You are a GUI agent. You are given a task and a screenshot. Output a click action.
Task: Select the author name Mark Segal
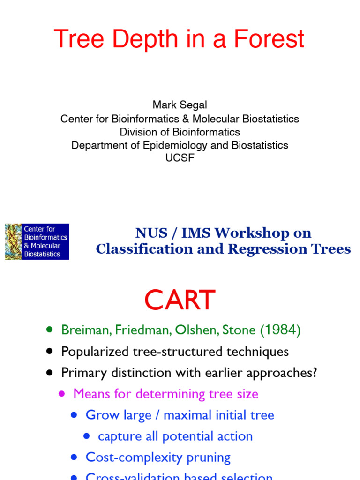click(x=180, y=105)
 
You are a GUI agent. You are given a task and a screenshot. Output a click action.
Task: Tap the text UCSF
click(x=180, y=158)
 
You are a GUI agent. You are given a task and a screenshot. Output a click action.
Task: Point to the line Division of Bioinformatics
click(x=180, y=132)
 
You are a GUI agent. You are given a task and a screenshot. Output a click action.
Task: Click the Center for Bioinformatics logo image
click(x=37, y=241)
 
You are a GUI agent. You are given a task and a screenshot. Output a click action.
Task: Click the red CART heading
click(x=180, y=300)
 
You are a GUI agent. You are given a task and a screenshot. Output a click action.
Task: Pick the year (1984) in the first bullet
click(x=280, y=330)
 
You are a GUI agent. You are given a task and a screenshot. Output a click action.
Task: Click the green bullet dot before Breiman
click(x=50, y=330)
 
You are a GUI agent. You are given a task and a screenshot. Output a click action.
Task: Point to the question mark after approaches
click(x=315, y=373)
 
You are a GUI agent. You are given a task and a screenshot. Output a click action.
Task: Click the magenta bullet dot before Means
click(x=62, y=394)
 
